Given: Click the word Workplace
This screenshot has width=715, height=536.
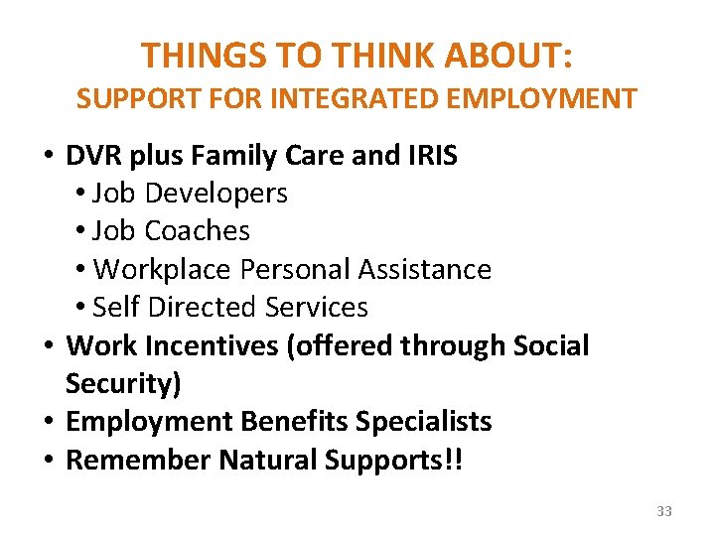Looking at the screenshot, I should click(156, 270).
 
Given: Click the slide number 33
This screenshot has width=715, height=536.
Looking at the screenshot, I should click(664, 511).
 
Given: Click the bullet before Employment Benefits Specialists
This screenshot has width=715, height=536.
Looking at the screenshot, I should click(48, 422).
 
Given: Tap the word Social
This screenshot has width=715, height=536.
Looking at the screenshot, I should click(551, 346).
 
